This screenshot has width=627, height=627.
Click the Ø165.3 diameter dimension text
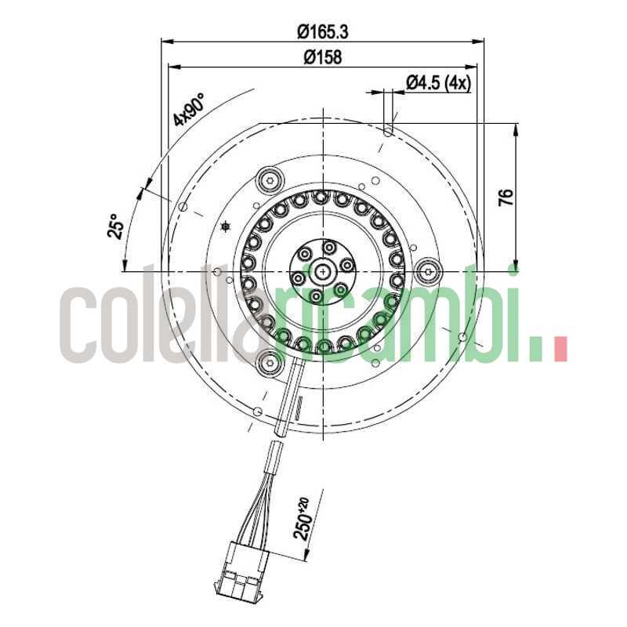(322, 32)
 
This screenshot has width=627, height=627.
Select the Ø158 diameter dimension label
(322, 57)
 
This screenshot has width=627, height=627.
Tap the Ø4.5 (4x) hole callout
(438, 83)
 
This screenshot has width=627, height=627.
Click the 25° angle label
(117, 227)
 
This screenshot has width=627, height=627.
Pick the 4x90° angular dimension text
(189, 110)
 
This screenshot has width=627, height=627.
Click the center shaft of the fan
(322, 271)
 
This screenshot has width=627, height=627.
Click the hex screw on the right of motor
(428, 272)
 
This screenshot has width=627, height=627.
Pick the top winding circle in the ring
(321, 198)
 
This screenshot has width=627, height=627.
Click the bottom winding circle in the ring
(322, 346)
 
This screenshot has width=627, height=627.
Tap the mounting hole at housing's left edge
(183, 208)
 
